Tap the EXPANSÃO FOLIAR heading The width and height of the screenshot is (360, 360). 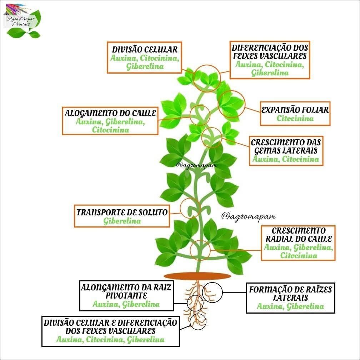point(295,110)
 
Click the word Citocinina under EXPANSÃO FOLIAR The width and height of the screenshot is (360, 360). point(295,119)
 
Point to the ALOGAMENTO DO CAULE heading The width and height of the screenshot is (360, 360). point(110,113)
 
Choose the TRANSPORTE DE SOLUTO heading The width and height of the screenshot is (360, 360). point(122,212)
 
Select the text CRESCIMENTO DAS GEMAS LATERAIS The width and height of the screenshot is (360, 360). point(286,146)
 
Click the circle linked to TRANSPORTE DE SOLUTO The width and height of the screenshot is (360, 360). point(190,207)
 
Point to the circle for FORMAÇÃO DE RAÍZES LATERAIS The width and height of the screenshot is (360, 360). point(212,292)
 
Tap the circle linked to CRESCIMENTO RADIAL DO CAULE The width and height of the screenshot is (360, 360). point(200,250)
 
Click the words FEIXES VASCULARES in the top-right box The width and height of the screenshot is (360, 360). point(269,56)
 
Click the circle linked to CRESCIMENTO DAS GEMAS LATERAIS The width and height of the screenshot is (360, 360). point(211,137)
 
